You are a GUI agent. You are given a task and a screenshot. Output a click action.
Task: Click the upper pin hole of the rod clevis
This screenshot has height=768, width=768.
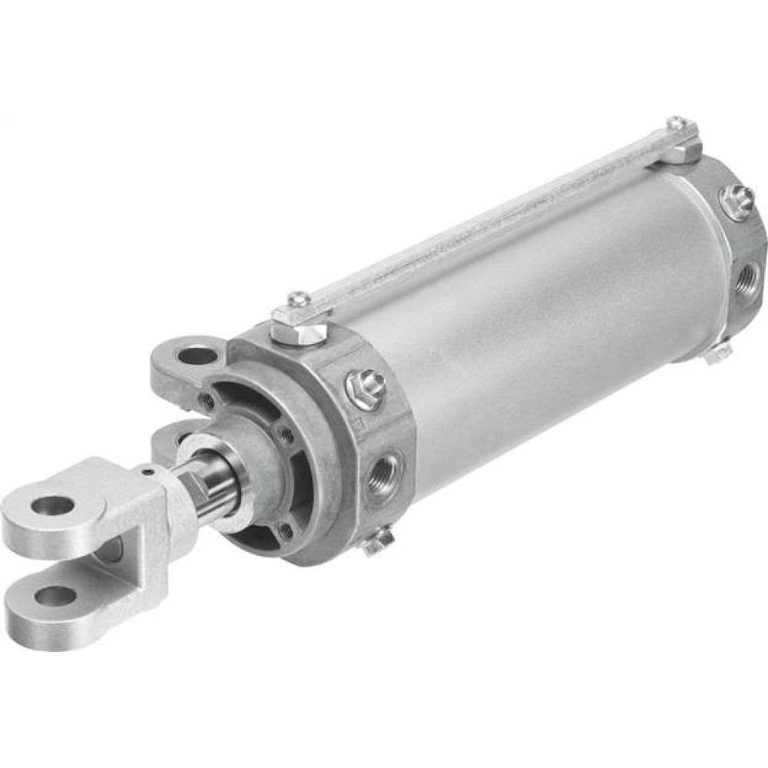(x=53, y=505)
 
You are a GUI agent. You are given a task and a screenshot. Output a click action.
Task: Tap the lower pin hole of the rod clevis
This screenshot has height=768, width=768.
(x=55, y=595)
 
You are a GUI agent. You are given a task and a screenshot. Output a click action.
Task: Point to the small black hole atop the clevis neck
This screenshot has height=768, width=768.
(x=148, y=469)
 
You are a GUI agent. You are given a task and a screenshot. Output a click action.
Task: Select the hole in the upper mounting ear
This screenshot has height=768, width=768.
(x=197, y=356)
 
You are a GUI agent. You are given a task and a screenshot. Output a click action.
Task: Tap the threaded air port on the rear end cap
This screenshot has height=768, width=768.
(x=748, y=274)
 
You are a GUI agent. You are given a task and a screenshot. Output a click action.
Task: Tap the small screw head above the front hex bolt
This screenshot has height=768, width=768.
(x=300, y=300)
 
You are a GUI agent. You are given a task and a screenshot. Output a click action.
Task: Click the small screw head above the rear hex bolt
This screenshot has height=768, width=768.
(x=676, y=123)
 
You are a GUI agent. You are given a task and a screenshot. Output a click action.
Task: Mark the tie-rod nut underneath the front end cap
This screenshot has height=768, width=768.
(x=377, y=542)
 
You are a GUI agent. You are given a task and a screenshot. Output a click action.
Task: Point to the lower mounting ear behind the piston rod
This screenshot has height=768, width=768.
(x=170, y=440)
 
